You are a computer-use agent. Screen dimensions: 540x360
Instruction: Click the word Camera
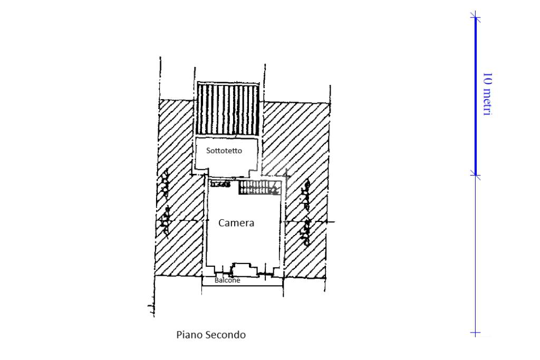236,223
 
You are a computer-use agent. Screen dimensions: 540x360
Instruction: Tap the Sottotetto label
224,151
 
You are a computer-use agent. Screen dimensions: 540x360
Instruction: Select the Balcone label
227,280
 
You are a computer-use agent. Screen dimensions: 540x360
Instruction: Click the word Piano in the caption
188,335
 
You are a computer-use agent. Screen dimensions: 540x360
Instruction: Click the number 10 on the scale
488,78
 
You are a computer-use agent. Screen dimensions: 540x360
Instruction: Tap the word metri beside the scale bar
488,101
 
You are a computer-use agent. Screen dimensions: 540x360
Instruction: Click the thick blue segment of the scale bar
475,95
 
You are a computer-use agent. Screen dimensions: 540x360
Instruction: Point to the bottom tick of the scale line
475,333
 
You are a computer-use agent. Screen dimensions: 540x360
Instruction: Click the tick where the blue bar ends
475,175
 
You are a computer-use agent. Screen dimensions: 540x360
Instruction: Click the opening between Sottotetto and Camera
227,176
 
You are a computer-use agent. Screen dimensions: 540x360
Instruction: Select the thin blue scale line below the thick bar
475,253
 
